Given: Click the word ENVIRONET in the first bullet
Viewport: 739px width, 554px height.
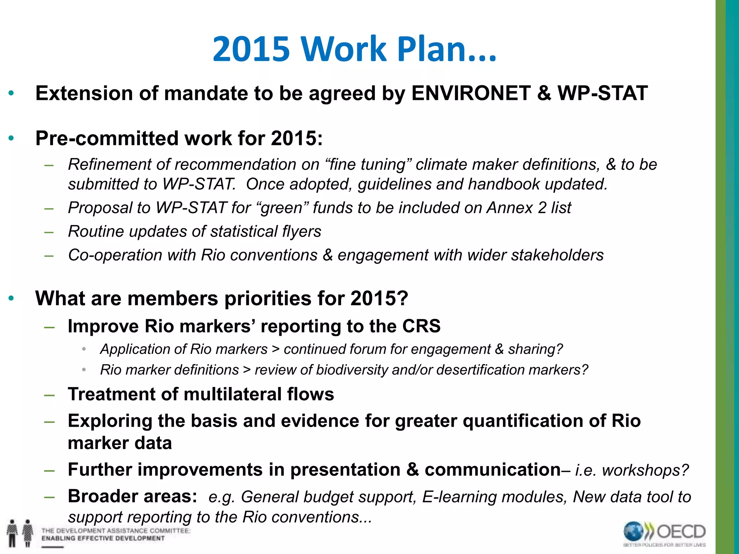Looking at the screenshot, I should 471,93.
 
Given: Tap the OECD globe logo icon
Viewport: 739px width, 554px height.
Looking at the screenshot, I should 633,532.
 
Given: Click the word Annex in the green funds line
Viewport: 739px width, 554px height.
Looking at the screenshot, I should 510,208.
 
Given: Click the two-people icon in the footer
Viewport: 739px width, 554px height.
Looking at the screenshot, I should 20,533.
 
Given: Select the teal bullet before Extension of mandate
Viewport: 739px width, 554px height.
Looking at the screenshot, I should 11,93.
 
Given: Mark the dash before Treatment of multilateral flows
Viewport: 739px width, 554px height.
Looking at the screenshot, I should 49,394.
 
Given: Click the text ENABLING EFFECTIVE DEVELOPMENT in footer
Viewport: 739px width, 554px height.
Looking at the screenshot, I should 103,538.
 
